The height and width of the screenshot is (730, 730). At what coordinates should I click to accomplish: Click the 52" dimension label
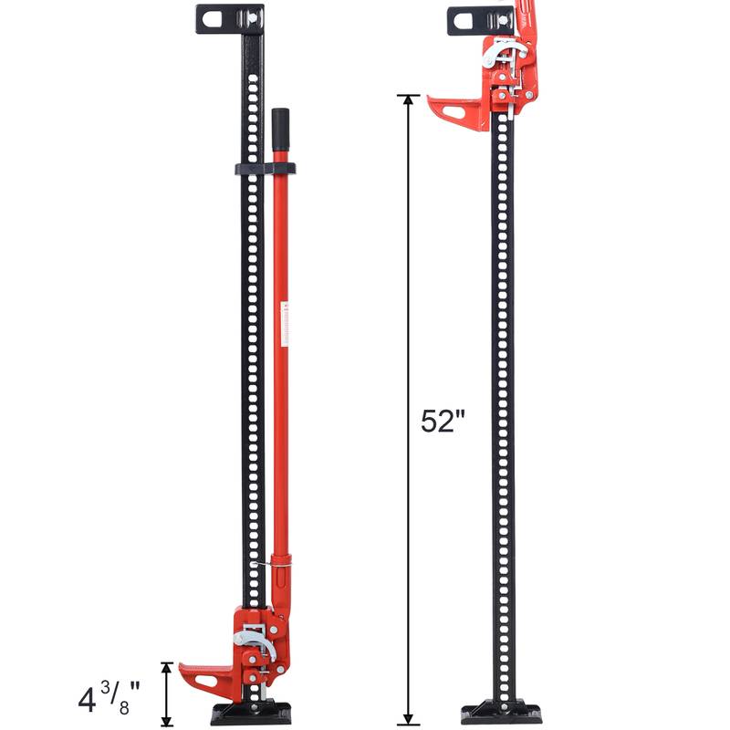tap(443, 421)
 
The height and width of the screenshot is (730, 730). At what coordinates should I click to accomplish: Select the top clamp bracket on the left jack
tap(229, 19)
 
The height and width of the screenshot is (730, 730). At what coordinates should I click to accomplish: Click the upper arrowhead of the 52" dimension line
tap(407, 100)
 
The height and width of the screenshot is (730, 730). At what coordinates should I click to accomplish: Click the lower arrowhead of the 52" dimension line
tap(407, 717)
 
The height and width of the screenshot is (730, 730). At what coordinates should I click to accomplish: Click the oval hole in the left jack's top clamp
tap(215, 17)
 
